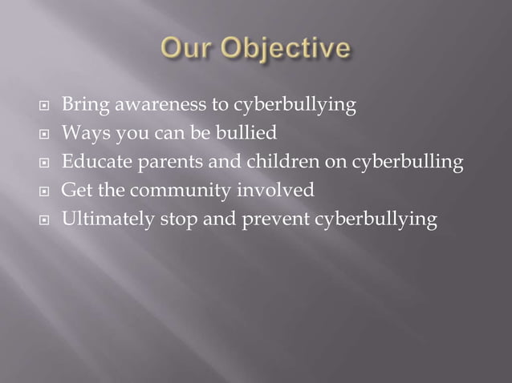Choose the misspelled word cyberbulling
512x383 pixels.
[407, 163]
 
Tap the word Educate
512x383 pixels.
[94, 163]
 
